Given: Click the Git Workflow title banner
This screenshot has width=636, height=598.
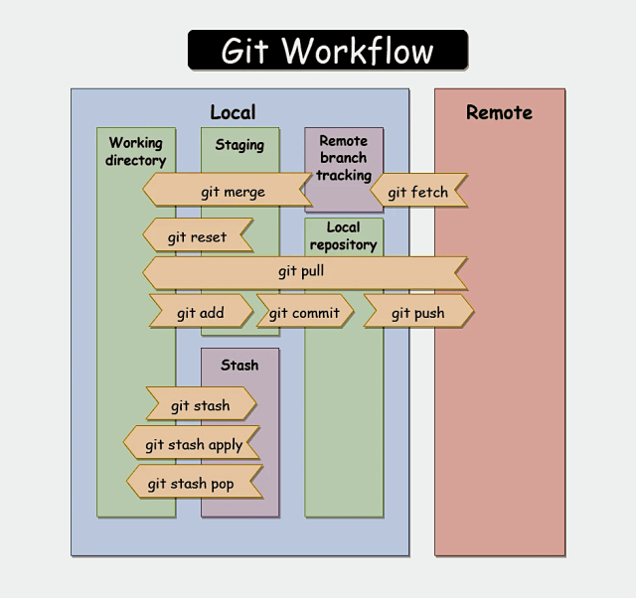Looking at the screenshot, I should coord(327,50).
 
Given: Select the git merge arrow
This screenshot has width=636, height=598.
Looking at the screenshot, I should coord(232,192).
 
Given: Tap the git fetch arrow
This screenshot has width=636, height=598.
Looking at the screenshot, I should coord(417,192).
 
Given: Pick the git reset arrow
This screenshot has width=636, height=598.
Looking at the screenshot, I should coord(197,237).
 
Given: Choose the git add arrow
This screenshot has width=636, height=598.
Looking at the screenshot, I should coord(200,313).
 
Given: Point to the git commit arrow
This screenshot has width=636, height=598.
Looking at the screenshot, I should coord(304,313).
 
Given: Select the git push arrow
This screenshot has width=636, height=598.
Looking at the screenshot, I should coord(417,313).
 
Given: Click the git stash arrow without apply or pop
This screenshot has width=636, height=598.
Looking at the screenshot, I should coord(200,405).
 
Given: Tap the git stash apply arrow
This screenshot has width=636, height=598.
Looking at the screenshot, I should coord(193,444).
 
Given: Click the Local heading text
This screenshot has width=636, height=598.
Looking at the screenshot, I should coord(233,113).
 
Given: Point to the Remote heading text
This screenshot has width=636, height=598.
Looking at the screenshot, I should coord(499,113).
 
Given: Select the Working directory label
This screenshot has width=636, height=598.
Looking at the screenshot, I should coord(136,152).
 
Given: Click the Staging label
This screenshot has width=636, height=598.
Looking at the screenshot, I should coord(239,145).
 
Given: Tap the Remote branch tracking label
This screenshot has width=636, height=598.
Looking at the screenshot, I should coord(343,158).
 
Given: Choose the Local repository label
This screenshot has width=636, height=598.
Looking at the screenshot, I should coord(343,236).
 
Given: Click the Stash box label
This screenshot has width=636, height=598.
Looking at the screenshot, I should coord(239,365).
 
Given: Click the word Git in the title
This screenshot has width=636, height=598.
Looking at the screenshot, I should coord(243,50).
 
